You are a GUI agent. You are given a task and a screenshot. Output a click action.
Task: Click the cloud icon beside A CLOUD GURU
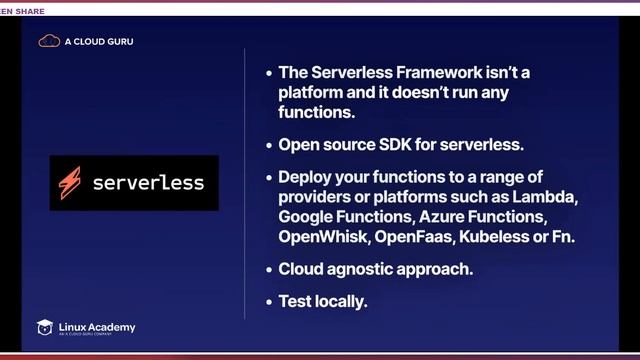[x=49, y=41]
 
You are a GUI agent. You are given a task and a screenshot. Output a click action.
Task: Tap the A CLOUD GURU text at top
[x=99, y=42]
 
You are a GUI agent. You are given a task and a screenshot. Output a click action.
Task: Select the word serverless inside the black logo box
[x=148, y=183]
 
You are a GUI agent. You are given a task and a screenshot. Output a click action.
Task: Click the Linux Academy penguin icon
[x=45, y=327]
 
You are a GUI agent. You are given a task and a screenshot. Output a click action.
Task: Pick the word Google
[x=311, y=216]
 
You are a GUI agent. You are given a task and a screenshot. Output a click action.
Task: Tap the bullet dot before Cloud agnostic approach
[x=268, y=269]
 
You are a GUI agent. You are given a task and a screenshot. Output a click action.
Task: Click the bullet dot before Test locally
[x=268, y=300]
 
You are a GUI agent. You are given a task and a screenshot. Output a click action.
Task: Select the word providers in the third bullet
[x=316, y=196]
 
